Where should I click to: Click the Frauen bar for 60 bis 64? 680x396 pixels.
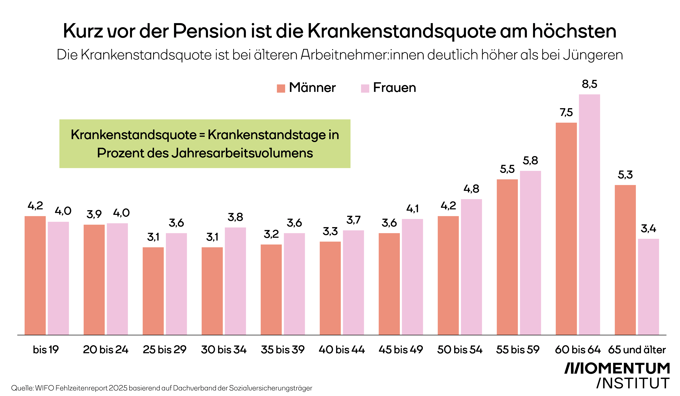tap(589, 215)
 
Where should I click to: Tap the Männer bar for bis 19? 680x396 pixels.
tap(35, 275)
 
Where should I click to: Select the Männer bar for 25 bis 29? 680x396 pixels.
tap(153, 291)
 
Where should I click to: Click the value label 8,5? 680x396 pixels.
tap(589, 84)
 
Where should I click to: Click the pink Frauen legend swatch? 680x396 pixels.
tap(365, 88)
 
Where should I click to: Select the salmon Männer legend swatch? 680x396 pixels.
tap(281, 88)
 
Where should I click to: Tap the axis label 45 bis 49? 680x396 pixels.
tap(401, 350)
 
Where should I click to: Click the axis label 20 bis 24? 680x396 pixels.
tap(105, 350)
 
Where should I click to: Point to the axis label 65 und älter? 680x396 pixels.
tap(637, 350)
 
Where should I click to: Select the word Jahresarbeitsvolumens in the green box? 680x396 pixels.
tap(242, 153)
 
